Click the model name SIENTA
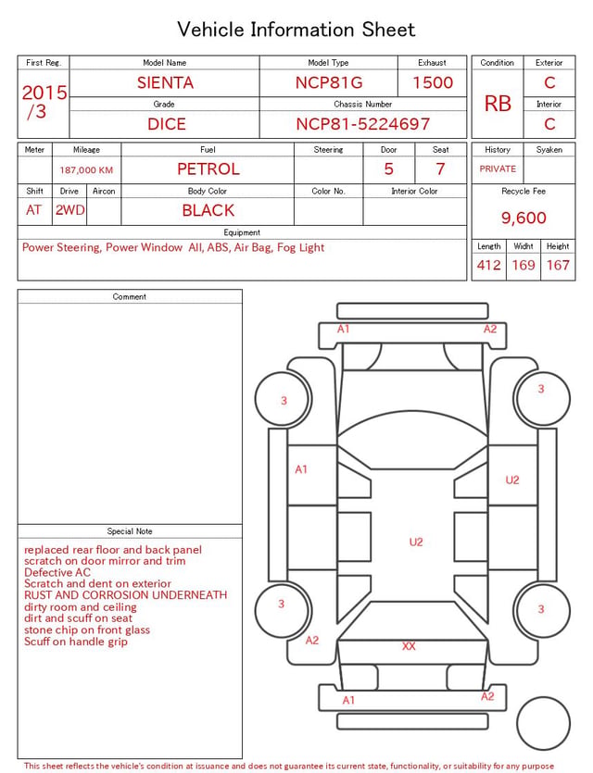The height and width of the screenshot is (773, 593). pyautogui.click(x=165, y=82)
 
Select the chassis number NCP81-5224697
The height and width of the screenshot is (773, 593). pyautogui.click(x=363, y=124)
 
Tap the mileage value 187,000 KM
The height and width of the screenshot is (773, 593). pyautogui.click(x=86, y=170)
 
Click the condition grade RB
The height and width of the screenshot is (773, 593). pyautogui.click(x=498, y=104)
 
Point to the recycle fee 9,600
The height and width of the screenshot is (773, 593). pyautogui.click(x=524, y=218)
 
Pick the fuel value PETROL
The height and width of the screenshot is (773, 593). pyautogui.click(x=208, y=169)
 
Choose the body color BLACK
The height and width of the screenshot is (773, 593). pyautogui.click(x=208, y=210)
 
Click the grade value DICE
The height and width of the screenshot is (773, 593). pyautogui.click(x=167, y=124)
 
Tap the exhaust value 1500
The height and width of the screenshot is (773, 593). pyautogui.click(x=433, y=82)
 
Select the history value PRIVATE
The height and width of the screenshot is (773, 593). pyautogui.click(x=498, y=169)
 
